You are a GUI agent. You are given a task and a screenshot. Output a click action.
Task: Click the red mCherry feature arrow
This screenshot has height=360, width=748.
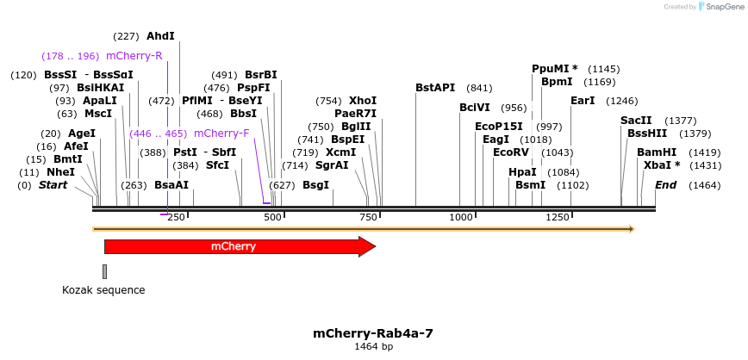point(240,247)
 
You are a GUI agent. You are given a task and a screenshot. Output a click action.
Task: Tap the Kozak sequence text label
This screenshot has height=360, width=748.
point(103,290)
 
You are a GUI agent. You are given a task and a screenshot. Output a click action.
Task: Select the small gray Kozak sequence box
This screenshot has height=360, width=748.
point(105,271)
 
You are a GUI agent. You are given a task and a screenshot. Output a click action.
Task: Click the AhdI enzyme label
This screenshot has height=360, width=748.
point(160,36)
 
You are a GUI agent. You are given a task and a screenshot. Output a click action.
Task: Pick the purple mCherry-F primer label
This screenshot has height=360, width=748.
point(221,133)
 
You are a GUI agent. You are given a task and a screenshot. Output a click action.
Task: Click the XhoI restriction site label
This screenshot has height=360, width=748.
point(363,101)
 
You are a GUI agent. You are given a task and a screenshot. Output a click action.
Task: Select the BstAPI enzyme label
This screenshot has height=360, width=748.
point(434,88)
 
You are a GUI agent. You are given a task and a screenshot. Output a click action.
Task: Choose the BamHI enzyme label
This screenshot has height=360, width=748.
point(657,152)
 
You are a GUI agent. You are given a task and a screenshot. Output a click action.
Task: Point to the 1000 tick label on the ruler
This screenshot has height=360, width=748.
point(460,217)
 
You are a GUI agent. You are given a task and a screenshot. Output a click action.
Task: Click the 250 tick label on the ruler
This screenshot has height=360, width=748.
point(177,217)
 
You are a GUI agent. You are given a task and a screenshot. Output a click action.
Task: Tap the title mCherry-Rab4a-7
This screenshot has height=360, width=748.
point(373,332)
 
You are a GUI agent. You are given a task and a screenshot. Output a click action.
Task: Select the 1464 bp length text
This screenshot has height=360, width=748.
point(373,346)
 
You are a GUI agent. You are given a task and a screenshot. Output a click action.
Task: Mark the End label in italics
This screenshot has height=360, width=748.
point(666,185)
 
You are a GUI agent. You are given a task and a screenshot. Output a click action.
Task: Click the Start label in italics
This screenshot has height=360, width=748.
point(53,185)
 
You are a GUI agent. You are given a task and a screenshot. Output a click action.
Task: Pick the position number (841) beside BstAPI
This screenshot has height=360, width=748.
point(479,88)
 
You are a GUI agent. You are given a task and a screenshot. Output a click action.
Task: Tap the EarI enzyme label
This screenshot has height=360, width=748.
point(583,101)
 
